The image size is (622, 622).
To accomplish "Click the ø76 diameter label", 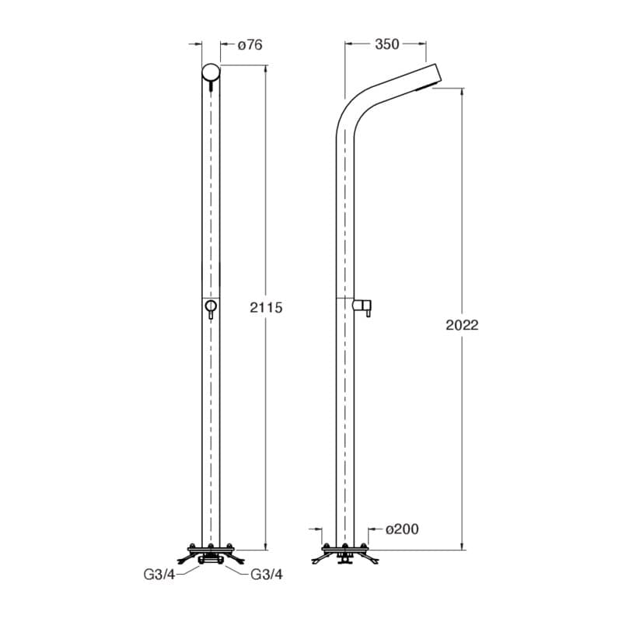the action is [x=250, y=45].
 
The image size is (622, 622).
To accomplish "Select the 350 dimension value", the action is [x=386, y=44].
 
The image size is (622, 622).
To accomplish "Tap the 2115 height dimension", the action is [x=266, y=307].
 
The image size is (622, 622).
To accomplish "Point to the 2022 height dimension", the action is [x=462, y=325].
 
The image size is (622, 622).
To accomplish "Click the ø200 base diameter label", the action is [x=402, y=529].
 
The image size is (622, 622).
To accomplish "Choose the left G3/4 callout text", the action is [x=159, y=575].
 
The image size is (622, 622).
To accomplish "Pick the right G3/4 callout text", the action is [x=267, y=575].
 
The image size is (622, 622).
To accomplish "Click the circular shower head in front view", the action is [x=211, y=72].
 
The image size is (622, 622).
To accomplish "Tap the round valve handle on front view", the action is [x=211, y=306].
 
